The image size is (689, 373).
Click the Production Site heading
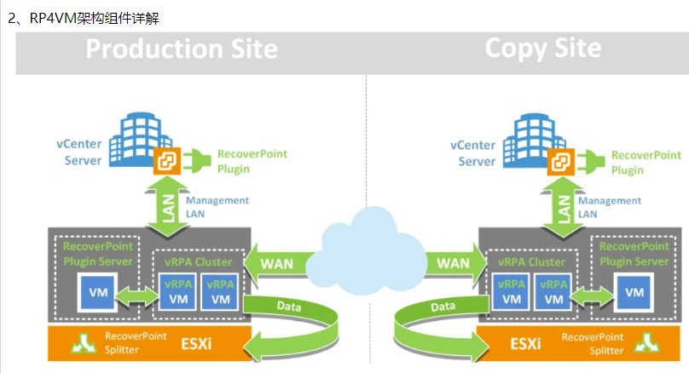click(x=182, y=49)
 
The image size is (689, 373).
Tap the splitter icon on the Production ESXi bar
click(x=83, y=343)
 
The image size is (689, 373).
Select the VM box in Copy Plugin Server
click(x=634, y=293)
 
